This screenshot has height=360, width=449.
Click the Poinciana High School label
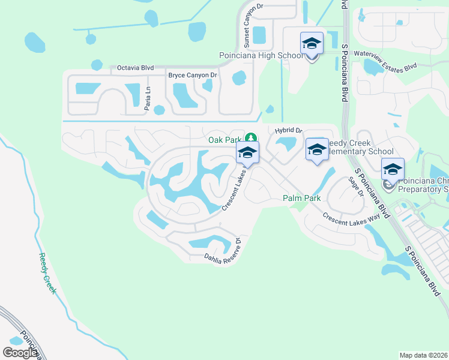pos(260,56)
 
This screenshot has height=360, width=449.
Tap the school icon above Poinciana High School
pos(312,44)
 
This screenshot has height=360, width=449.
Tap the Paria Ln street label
pos(148,97)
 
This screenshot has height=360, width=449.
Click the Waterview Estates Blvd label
pos(385,61)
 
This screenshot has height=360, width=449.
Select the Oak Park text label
pos(224,140)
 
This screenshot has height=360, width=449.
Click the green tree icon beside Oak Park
pos(252,139)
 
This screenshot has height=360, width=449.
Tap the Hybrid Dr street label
pos(289,130)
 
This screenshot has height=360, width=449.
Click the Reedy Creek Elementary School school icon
pos(317,151)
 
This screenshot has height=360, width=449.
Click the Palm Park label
pos(302,198)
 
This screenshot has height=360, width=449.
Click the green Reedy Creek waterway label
pos(47,273)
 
